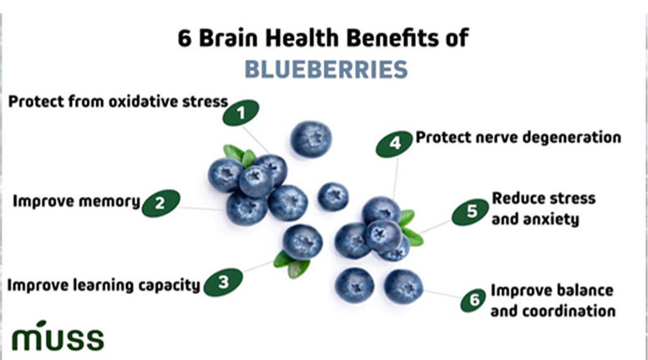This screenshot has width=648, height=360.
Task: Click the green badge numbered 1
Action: click(x=241, y=112)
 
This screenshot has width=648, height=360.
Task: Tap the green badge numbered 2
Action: click(x=160, y=202)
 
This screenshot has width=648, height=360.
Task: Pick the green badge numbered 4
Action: click(x=394, y=143)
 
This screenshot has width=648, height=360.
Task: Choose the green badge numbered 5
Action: click(x=471, y=212)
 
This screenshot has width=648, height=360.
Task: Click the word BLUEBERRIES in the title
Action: click(x=325, y=69)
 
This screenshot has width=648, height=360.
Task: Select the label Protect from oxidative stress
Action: click(x=118, y=102)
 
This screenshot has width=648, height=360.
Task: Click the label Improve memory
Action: click(x=76, y=201)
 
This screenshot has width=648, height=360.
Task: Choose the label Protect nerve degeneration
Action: click(x=518, y=137)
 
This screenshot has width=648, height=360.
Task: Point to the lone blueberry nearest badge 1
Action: click(x=311, y=139)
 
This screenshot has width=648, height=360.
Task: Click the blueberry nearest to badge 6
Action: click(x=403, y=286)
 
